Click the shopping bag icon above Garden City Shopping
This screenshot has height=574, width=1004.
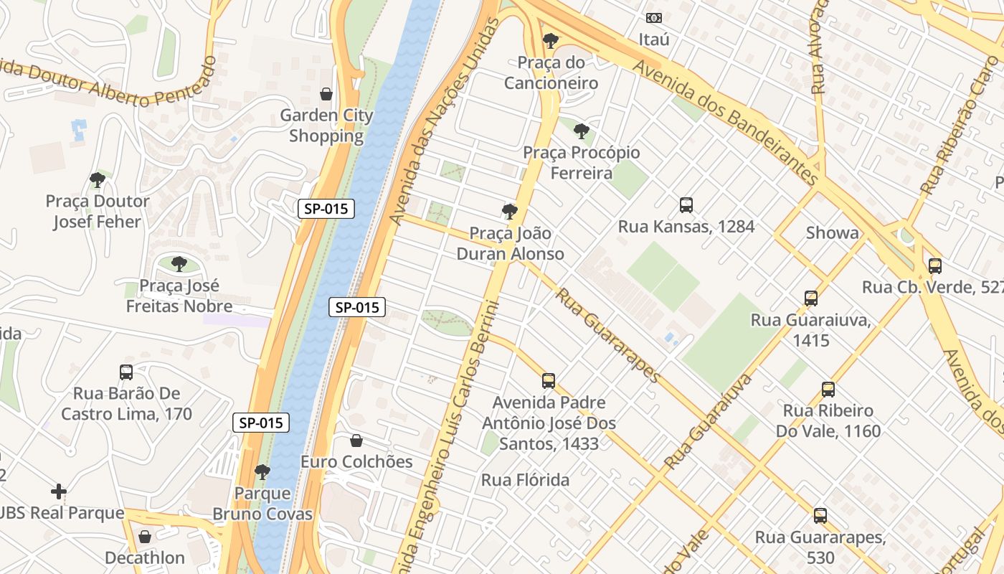[326, 94]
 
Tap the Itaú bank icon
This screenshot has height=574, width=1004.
[654, 18]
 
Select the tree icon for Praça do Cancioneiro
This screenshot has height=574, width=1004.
[550, 41]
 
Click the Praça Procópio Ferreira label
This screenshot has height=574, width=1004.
[581, 163]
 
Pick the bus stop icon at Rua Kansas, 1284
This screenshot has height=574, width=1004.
[686, 205]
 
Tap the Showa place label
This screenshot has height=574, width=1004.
[832, 232]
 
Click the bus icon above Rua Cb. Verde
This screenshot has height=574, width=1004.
[935, 265]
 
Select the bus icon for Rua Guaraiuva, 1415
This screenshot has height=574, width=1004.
[811, 298]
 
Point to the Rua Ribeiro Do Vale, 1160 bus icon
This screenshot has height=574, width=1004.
[828, 390]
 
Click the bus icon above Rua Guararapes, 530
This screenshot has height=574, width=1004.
[820, 515]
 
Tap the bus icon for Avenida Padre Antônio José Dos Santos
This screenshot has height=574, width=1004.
[549, 381]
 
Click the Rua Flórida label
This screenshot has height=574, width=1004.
[525, 480]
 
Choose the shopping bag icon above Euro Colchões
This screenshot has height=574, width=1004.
[356, 441]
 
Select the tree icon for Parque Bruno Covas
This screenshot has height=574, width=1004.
[262, 472]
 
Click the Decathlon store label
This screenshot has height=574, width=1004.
[145, 557]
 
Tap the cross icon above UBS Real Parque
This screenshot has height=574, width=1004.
[59, 491]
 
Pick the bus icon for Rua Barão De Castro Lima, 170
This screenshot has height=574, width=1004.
[126, 372]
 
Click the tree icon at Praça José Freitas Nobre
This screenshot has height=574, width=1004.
[179, 264]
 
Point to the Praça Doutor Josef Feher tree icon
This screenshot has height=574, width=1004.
[98, 180]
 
